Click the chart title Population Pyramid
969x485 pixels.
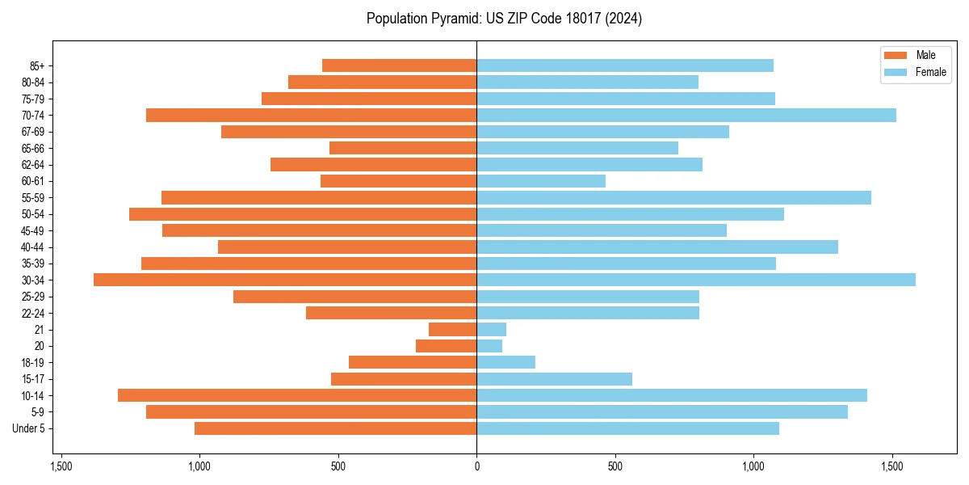click(x=504, y=19)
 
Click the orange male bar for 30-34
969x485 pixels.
click(x=285, y=280)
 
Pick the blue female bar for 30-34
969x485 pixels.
click(x=696, y=280)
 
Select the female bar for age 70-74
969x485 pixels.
click(x=686, y=115)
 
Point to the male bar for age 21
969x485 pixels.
click(x=453, y=329)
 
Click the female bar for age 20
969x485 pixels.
click(x=489, y=346)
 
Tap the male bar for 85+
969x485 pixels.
click(x=400, y=65)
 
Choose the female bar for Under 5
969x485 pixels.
click(x=628, y=428)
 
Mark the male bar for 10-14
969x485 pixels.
click(x=297, y=395)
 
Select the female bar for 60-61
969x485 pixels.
click(x=541, y=181)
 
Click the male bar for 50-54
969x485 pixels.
click(x=303, y=214)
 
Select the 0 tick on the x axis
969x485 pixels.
click(x=476, y=466)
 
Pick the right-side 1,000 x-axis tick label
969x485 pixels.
click(x=753, y=466)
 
